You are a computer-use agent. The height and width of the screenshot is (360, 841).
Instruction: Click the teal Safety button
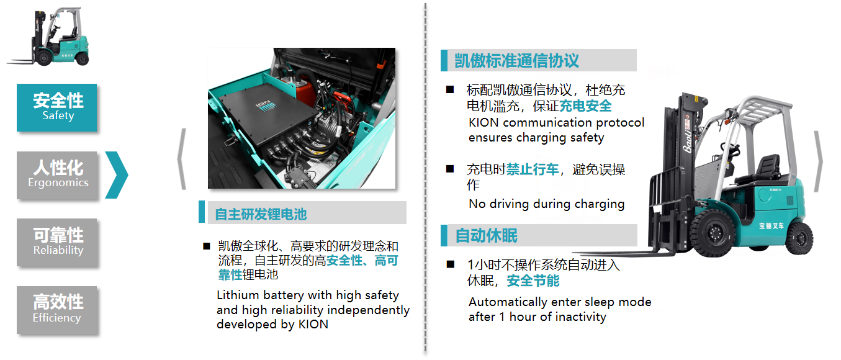56,107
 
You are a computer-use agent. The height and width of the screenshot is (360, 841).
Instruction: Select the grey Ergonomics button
56,175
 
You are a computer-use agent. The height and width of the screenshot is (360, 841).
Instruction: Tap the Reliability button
56,243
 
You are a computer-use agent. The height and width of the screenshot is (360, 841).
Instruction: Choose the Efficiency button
56,310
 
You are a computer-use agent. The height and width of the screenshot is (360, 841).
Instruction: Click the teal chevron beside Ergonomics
117,175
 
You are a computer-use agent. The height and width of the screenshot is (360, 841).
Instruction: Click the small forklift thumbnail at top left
49,37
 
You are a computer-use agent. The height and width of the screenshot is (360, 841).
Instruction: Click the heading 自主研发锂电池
261,214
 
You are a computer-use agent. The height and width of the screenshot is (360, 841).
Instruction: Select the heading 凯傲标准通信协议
516,60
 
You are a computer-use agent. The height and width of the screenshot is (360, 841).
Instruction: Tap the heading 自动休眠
486,235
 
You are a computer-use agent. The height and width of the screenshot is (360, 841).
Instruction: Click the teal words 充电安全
585,106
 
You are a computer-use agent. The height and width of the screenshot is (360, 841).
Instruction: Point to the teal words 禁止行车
533,169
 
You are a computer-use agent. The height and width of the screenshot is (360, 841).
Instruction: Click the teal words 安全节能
533,281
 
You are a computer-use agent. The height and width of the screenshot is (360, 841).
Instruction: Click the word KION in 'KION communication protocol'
483,122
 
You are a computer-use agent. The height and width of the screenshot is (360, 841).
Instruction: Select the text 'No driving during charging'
547,204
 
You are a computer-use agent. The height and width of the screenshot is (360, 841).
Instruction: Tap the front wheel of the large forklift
713,233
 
